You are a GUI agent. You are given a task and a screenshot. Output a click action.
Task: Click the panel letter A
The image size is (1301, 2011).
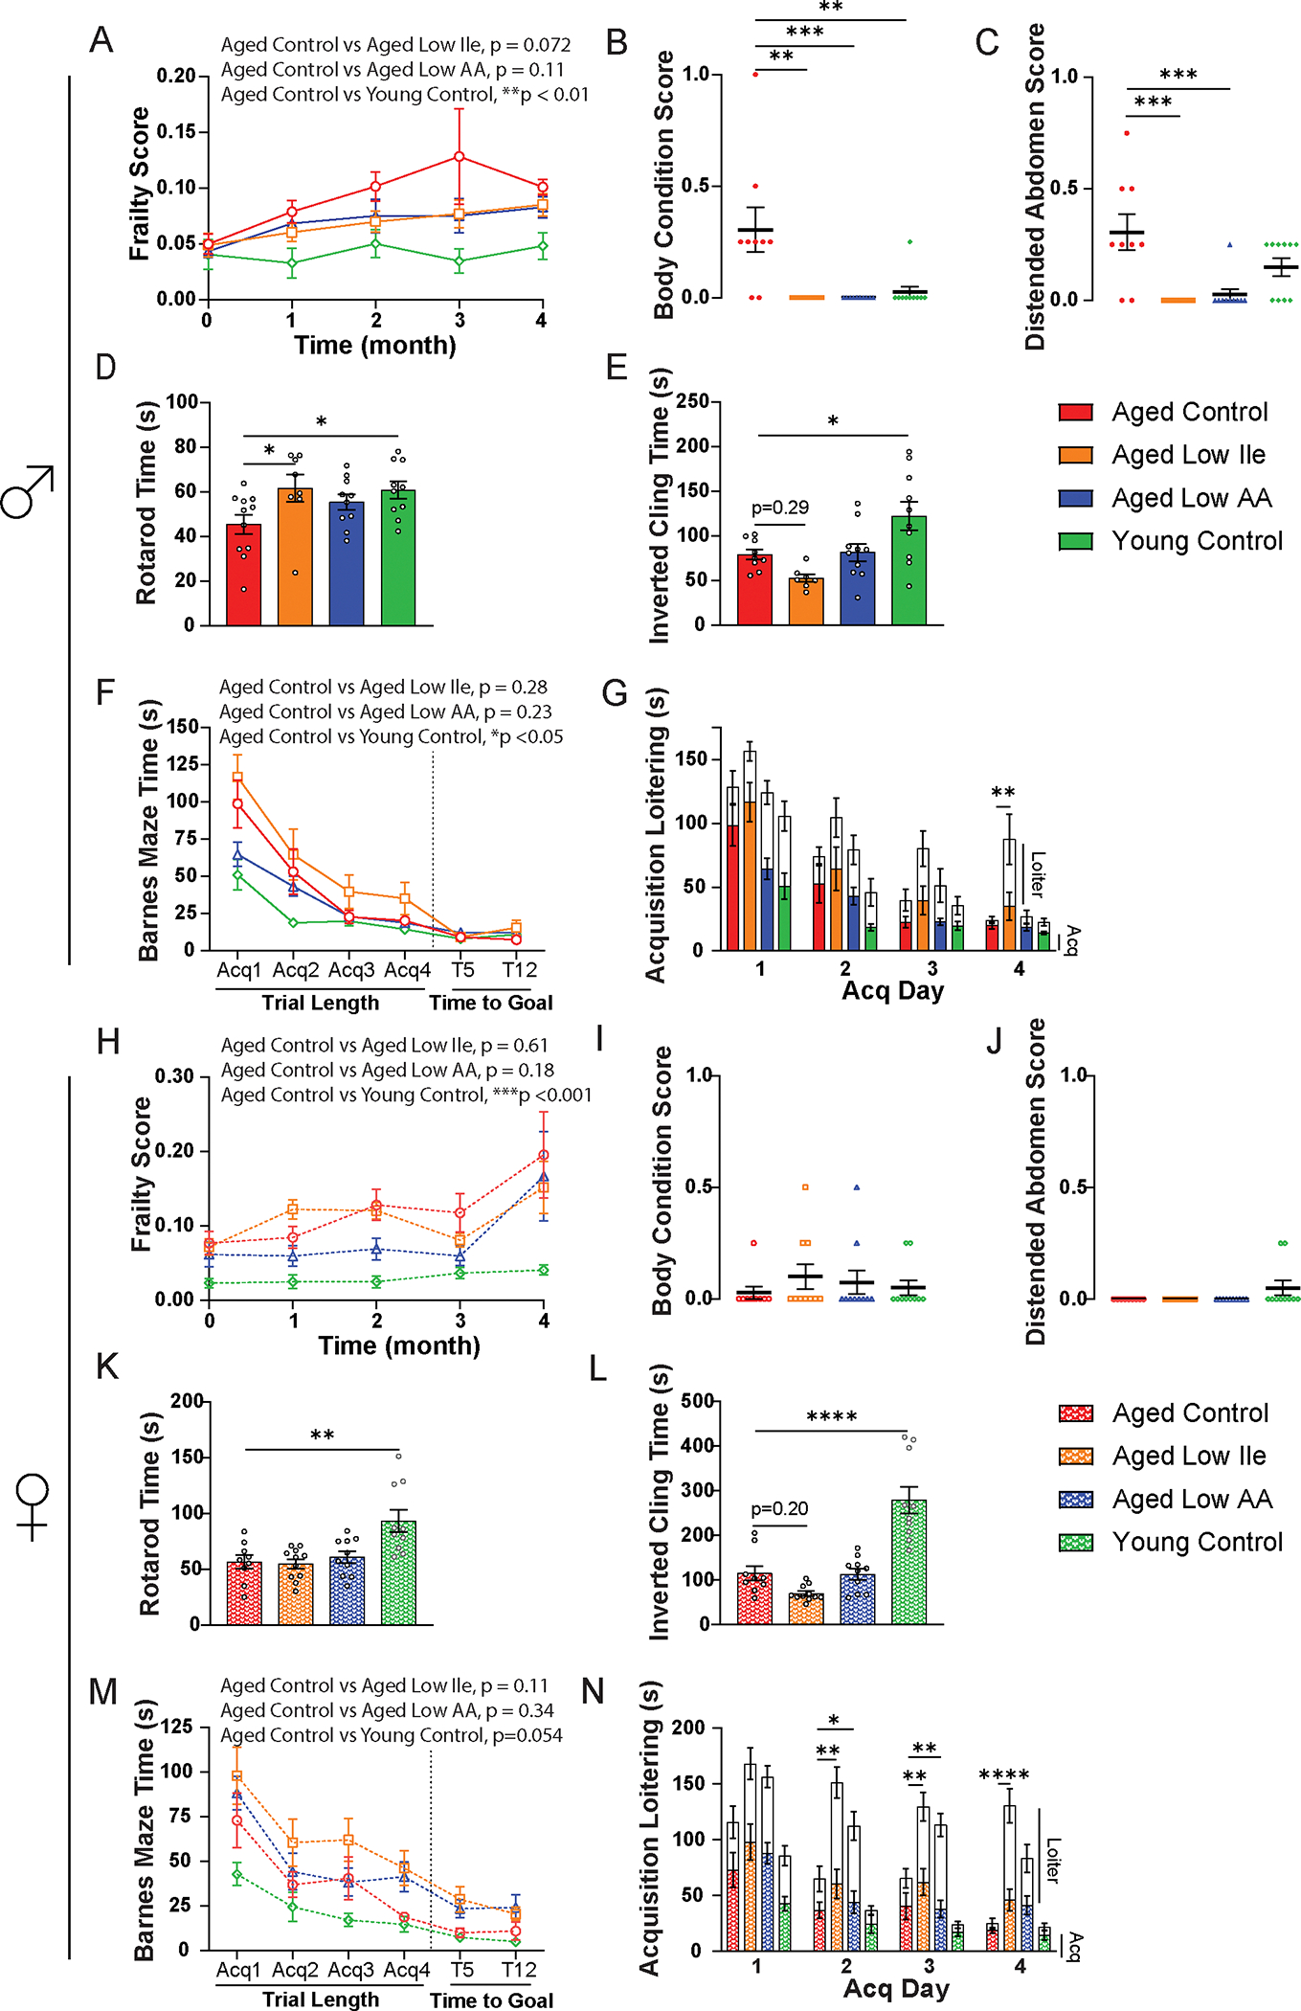click(101, 40)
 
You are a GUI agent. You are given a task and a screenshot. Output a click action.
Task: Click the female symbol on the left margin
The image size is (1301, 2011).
click(32, 1505)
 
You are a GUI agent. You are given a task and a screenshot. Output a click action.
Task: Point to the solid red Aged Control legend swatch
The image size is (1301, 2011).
click(1075, 413)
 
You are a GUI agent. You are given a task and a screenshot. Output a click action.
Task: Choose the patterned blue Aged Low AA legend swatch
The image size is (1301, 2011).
click(1076, 1500)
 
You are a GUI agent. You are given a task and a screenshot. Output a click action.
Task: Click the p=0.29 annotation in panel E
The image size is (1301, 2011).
click(780, 508)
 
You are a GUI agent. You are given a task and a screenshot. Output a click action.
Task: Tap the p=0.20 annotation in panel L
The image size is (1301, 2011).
click(779, 1508)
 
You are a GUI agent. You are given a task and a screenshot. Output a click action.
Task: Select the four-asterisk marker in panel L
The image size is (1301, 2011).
click(832, 1416)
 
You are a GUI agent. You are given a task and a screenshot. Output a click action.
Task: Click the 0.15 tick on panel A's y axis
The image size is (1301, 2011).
click(176, 131)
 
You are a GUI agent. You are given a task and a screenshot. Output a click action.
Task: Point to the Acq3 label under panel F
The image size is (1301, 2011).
click(351, 970)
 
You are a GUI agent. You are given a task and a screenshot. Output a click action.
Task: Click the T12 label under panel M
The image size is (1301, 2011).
click(519, 1970)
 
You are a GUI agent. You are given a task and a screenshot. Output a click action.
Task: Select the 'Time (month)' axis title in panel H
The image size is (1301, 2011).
click(399, 1345)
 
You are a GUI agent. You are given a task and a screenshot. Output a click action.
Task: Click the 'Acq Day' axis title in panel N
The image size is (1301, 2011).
click(896, 1988)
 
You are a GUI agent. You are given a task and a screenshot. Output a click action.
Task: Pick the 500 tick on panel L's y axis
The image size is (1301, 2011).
click(696, 1401)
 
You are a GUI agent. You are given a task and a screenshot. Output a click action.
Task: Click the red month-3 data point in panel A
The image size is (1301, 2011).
click(460, 156)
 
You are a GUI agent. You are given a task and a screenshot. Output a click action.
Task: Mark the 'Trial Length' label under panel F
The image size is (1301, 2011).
click(321, 1003)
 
